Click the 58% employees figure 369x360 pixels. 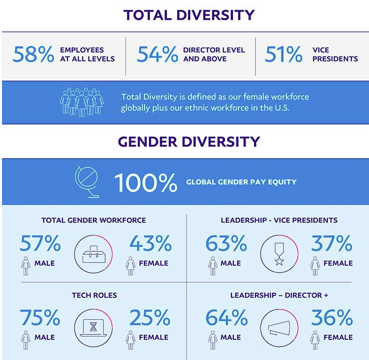[x=33, y=55]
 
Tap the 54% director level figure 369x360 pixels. [x=157, y=55]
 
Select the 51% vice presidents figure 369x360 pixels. [x=284, y=55]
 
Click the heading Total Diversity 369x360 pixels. [x=189, y=15]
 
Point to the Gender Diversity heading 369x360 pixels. [x=189, y=142]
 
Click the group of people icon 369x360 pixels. [x=82, y=102]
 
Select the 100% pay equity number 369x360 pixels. [x=145, y=183]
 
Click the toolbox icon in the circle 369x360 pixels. [x=93, y=254]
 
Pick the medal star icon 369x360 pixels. [x=279, y=254]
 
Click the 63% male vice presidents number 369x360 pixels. [x=226, y=244]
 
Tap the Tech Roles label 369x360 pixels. [x=94, y=295]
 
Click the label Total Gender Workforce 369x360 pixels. [x=93, y=220]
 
